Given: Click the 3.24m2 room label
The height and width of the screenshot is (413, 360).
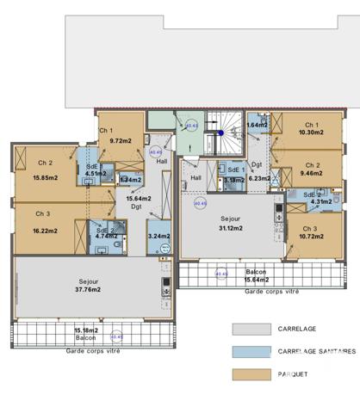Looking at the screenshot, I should point(158,236).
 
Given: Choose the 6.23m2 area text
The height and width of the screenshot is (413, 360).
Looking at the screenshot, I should point(259,179).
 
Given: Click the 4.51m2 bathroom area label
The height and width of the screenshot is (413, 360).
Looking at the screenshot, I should point(96,173).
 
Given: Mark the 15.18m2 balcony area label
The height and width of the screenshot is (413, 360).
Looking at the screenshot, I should point(85,330).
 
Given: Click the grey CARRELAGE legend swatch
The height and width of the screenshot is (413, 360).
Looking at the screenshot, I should point(250,329).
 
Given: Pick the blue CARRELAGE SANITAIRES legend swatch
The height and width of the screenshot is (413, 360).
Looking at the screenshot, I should point(250,351).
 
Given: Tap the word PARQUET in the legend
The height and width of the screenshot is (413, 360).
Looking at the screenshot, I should point(294,374).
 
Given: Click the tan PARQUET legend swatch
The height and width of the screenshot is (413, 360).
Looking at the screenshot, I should point(250,374).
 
